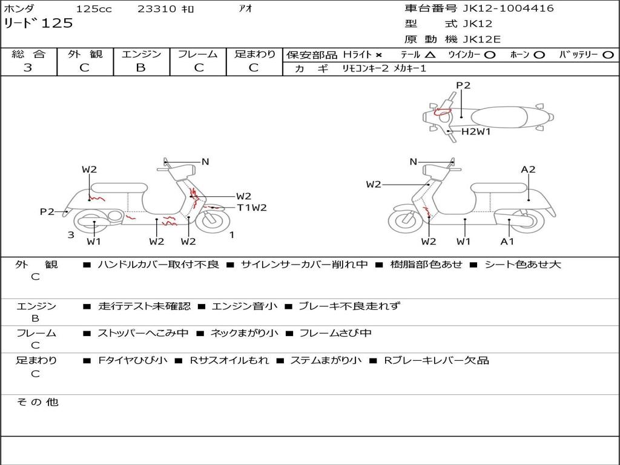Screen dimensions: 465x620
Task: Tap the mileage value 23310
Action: (156, 9)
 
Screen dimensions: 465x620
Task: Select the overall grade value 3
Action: (28, 68)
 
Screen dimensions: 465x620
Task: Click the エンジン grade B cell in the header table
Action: (141, 68)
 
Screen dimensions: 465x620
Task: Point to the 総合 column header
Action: (28, 54)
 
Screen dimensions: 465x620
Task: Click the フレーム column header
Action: (197, 54)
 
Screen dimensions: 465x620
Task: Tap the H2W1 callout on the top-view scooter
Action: (476, 131)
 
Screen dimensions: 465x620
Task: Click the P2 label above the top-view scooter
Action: (463, 85)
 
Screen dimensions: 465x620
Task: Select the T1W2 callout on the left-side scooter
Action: (252, 208)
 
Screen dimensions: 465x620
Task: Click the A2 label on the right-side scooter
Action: (529, 170)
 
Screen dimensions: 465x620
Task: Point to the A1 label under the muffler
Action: (507, 242)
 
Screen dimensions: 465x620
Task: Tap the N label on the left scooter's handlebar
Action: (205, 162)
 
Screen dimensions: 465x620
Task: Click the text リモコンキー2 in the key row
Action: (366, 69)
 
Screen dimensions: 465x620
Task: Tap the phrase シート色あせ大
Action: (523, 265)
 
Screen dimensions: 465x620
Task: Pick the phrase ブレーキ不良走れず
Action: (349, 306)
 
